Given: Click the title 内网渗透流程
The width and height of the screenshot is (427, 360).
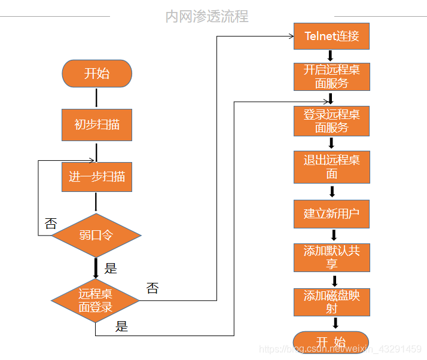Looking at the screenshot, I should pyautogui.click(x=207, y=16).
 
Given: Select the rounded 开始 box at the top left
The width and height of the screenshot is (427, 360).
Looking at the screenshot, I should pyautogui.click(x=97, y=74).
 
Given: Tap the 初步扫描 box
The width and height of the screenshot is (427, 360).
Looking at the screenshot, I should pyautogui.click(x=97, y=125).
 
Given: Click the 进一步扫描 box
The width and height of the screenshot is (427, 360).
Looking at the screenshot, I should pyautogui.click(x=97, y=177).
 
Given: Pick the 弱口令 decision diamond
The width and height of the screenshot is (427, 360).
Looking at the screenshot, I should pyautogui.click(x=96, y=235).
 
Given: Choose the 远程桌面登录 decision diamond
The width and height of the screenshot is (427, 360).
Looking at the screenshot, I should pyautogui.click(x=96, y=300).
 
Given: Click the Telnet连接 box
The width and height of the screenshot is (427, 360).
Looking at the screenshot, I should pyautogui.click(x=331, y=36).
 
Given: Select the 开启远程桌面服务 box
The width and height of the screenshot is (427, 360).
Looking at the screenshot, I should pyautogui.click(x=331, y=77).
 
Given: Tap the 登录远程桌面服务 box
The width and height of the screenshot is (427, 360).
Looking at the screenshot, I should pyautogui.click(x=331, y=121).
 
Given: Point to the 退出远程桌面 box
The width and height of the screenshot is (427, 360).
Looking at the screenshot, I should pyautogui.click(x=331, y=167).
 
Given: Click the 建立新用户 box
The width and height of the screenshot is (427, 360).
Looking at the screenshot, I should pyautogui.click(x=331, y=213).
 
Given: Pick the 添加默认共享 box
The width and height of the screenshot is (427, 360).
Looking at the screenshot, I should pyautogui.click(x=331, y=258).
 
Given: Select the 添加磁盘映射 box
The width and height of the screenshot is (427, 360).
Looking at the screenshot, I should pyautogui.click(x=331, y=302).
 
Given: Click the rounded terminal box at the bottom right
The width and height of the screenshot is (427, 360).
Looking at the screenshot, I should pyautogui.click(x=331, y=342).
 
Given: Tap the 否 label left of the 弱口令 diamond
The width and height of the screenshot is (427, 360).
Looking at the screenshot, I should pyautogui.click(x=51, y=224).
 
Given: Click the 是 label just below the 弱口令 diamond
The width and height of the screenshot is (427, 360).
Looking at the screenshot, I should pyautogui.click(x=111, y=268).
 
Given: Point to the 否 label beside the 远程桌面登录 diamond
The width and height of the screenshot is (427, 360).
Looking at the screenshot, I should pyautogui.click(x=152, y=288).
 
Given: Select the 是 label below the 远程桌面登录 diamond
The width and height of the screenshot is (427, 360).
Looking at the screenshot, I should pyautogui.click(x=121, y=327).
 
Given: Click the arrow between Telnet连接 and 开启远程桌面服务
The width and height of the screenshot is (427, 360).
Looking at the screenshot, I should pyautogui.click(x=331, y=56).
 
